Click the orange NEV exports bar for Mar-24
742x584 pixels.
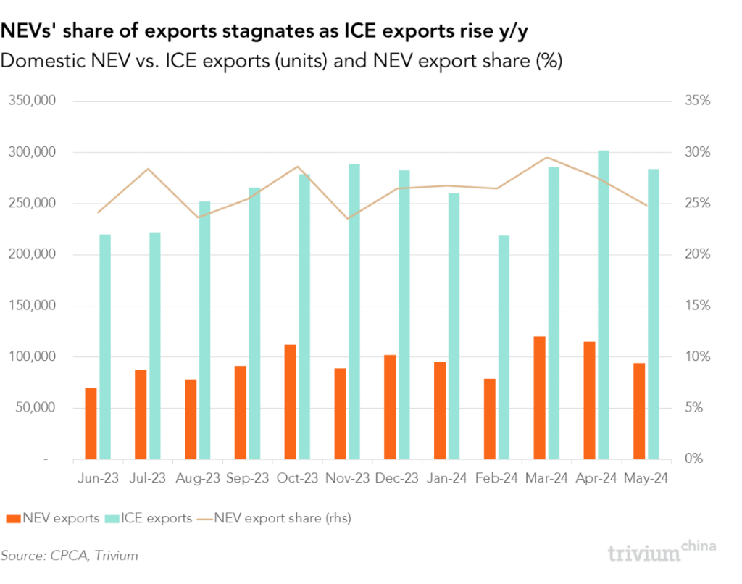tap(539, 398)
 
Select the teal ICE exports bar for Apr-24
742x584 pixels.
tap(603, 305)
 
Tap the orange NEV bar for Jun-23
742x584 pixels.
tap(91, 424)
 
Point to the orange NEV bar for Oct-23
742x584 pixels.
tap(290, 402)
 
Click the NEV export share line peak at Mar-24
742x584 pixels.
tap(547, 157)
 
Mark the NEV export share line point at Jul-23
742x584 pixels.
tap(148, 169)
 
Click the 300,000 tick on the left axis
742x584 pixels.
tap(32, 153)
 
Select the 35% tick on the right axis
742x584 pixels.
tap(698, 101)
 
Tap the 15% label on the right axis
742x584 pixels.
tap(698, 306)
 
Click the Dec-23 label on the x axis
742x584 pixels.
tap(397, 479)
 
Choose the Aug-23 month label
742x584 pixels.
tap(198, 479)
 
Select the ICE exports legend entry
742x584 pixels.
tap(149, 518)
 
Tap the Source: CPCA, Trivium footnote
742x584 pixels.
tap(69, 556)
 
